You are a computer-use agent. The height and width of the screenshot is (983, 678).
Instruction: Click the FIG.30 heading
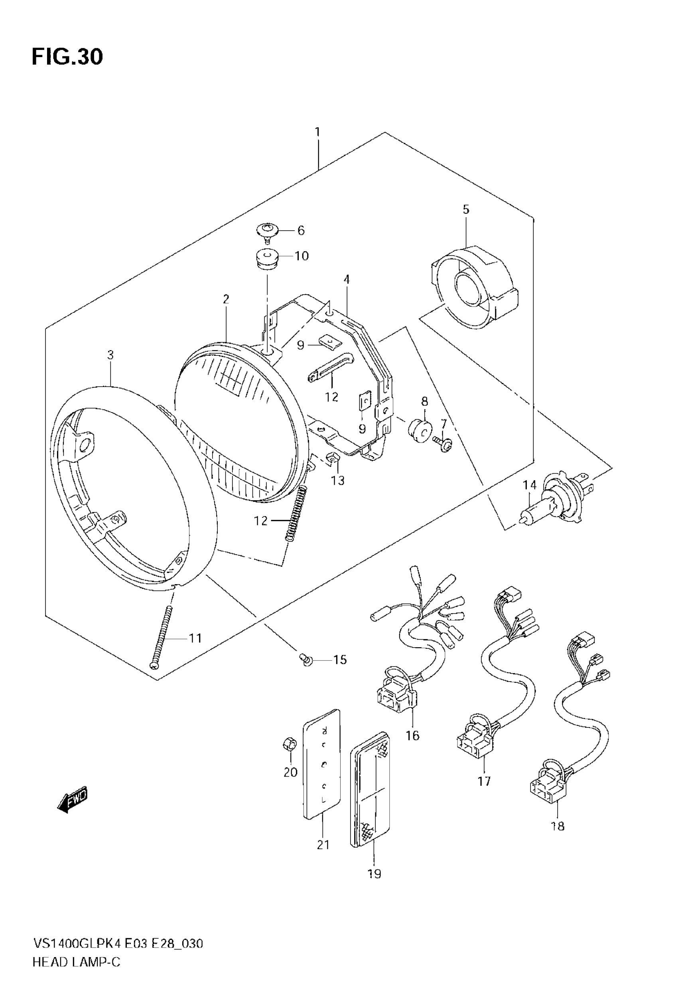[67, 57]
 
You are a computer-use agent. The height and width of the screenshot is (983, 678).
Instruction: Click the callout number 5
[466, 209]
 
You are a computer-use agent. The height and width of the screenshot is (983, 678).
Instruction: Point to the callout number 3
[110, 355]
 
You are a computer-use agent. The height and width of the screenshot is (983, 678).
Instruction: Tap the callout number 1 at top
[317, 132]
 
